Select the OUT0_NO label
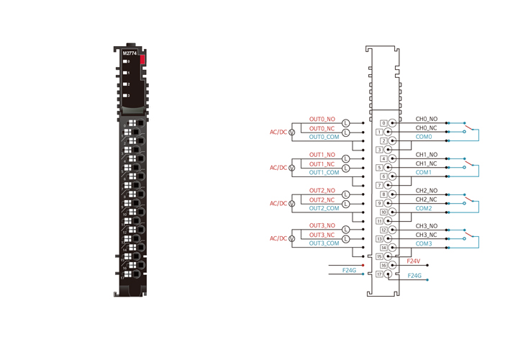322,119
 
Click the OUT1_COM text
324,173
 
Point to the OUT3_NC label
322,235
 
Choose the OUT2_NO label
322,191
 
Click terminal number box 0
383,124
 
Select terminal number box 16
383,265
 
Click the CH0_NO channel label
427,119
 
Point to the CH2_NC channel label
427,199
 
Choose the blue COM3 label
424,243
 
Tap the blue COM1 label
424,173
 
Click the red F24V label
414,261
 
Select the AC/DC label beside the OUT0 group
278,132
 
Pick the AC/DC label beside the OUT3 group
278,238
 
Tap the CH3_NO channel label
427,226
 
